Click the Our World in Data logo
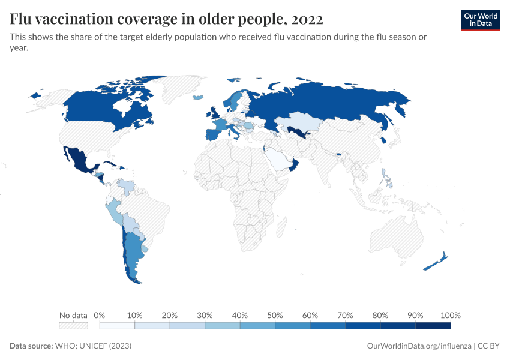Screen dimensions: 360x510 point(480,20)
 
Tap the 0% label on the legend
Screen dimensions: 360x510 point(100,315)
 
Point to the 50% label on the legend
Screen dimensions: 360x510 point(275,315)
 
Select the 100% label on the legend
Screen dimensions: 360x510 point(450,315)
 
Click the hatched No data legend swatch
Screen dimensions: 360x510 point(73,326)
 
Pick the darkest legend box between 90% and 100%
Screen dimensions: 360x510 point(433,326)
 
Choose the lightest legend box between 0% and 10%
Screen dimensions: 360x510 point(117,326)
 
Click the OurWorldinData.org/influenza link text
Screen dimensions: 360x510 point(418,346)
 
